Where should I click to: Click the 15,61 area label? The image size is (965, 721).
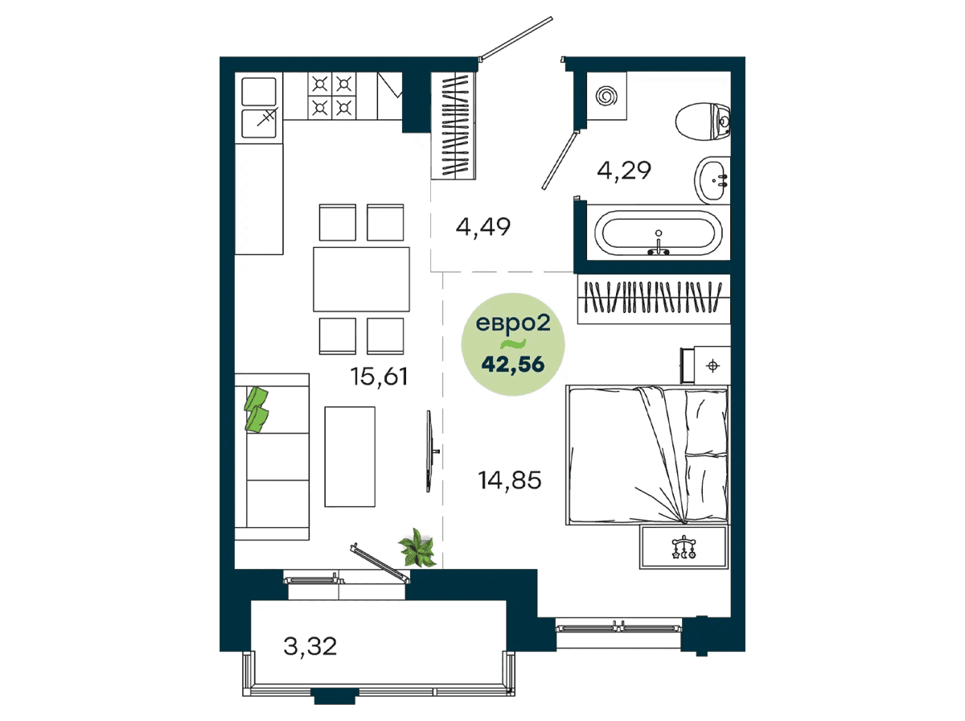coord(379,377)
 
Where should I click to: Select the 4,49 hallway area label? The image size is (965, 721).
coord(483,227)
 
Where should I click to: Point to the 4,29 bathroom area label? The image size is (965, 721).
coord(624,171)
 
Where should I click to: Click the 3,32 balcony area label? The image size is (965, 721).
coord(310,646)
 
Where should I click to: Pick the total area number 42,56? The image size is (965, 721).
coord(513,365)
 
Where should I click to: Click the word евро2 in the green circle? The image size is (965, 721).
coord(513,323)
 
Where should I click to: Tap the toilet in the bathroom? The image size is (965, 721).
coord(703,122)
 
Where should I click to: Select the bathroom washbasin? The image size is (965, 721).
coord(712,180)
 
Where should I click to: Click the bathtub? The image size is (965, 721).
coord(658,233)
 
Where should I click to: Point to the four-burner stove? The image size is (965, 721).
coord(332,96)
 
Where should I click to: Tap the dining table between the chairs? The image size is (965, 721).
coord(361,279)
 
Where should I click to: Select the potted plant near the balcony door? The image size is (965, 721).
coord(417,548)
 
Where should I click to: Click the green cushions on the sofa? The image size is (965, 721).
coord(257,410)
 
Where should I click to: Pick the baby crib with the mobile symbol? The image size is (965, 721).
coord(684,547)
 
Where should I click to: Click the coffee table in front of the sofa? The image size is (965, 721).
coord(350,456)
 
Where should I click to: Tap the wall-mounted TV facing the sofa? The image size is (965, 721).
coord(429,451)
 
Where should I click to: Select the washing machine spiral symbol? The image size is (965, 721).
coord(606,96)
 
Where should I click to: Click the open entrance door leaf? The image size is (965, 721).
coord(516,38)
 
